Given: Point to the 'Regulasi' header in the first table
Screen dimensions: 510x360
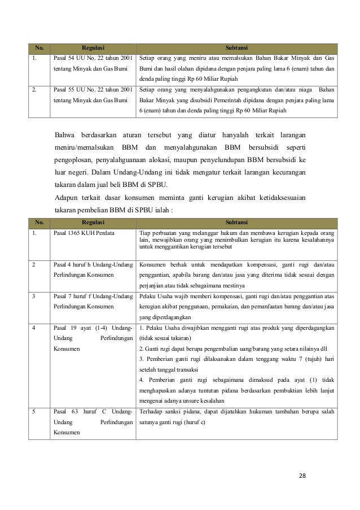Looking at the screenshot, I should coord(93,48).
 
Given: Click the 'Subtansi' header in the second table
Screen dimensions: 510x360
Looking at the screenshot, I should coord(237,223).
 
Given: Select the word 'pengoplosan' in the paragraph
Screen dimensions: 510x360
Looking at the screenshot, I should coord(77,159).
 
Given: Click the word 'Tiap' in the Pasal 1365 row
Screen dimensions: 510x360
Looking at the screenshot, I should coord(144,232).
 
